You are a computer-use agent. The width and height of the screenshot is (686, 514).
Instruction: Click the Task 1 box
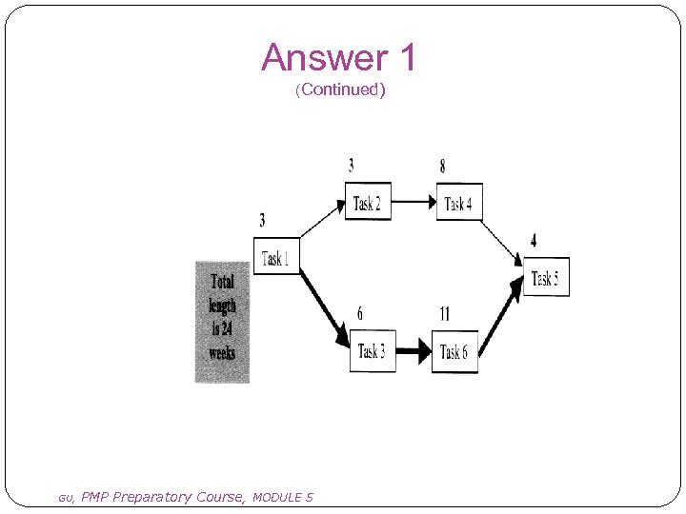276,256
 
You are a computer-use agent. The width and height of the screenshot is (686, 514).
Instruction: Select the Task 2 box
367,202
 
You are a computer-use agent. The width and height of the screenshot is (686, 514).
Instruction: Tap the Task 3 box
372,351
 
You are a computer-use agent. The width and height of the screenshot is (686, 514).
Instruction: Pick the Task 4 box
459,202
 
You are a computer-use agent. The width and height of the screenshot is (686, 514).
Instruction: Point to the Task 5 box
545,277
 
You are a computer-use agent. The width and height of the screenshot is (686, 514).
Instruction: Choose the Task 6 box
454,351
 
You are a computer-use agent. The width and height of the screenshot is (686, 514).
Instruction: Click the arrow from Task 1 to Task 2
322,221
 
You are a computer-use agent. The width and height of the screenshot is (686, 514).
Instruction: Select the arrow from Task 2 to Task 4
414,202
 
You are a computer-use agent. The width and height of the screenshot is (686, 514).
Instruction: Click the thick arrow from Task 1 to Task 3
325,304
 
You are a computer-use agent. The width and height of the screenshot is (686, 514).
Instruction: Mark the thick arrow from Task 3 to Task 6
414,351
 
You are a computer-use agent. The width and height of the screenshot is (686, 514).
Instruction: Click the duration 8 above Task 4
442,167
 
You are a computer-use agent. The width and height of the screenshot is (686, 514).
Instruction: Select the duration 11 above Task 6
444,314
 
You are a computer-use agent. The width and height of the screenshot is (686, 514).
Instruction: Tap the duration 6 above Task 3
359,314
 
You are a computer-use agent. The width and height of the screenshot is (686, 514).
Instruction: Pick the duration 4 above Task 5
534,241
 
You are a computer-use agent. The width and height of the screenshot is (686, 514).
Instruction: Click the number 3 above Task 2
352,167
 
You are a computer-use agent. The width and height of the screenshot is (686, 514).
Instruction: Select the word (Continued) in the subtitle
340,90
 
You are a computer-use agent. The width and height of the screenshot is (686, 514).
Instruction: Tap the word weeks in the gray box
222,353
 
